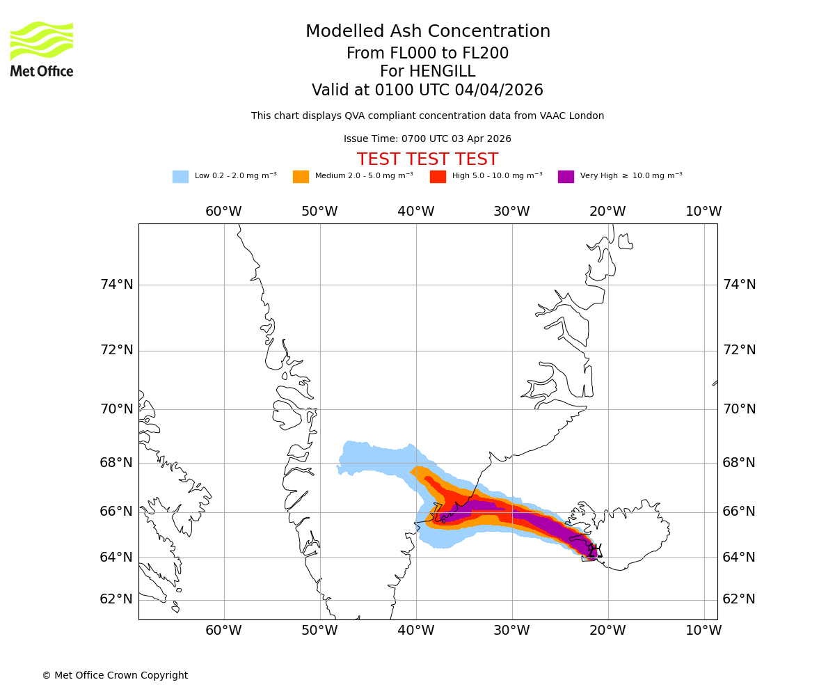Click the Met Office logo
(x=42, y=49)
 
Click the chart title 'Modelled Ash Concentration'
(x=428, y=32)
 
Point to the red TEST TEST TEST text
(x=427, y=159)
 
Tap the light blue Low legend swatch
(x=180, y=177)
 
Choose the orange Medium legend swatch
(x=301, y=177)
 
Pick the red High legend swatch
(x=438, y=177)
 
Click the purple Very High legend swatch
(x=566, y=177)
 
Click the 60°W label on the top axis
(x=223, y=212)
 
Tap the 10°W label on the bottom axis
(x=703, y=631)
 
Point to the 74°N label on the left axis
(x=117, y=285)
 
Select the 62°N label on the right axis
(x=739, y=599)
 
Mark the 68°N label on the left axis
(x=117, y=463)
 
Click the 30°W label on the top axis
(x=511, y=212)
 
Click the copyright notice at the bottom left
(x=115, y=676)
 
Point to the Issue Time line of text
(x=427, y=139)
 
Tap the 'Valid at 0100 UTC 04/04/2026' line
(x=427, y=90)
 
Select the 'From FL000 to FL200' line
(x=427, y=54)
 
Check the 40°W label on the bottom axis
(x=416, y=631)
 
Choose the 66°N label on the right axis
(x=739, y=512)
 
